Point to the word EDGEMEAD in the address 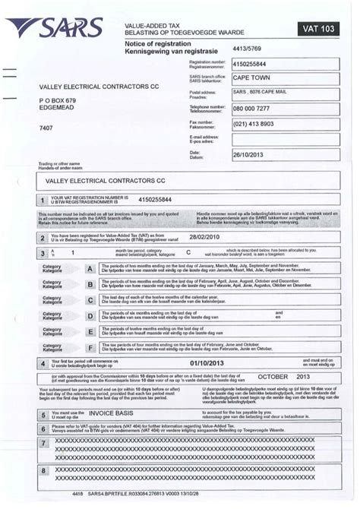(59, 107)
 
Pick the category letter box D (90, 300)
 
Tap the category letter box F (90, 347)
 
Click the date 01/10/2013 (188, 365)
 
